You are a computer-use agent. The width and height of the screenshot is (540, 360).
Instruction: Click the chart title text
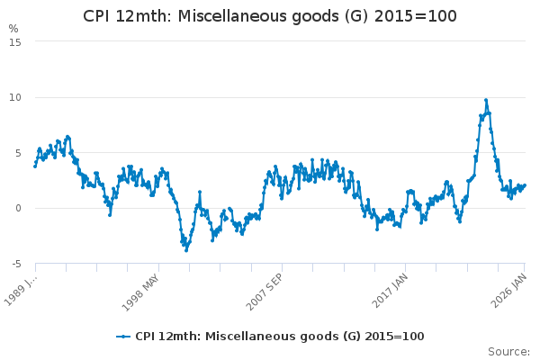[x=270, y=16]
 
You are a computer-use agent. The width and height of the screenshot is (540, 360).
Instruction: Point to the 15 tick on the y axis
[x=14, y=41]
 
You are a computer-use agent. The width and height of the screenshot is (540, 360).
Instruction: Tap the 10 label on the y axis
[x=14, y=97]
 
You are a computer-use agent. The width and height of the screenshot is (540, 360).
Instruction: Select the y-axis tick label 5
[x=17, y=153]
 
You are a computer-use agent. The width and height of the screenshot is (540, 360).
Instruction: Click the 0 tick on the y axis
[x=17, y=208]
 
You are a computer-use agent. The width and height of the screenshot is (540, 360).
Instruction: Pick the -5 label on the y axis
[x=15, y=264]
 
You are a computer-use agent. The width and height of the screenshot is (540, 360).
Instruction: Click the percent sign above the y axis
[x=13, y=29]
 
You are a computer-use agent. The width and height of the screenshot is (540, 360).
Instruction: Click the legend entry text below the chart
[x=279, y=337]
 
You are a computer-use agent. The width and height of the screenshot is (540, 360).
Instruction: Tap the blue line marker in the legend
[x=124, y=337]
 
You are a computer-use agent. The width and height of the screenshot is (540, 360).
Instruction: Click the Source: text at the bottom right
[x=508, y=352]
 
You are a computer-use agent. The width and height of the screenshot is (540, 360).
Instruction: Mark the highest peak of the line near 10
[x=486, y=100]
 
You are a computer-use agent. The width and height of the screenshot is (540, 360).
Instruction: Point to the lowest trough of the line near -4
[x=186, y=249]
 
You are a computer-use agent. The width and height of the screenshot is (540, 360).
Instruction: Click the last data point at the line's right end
[x=525, y=185]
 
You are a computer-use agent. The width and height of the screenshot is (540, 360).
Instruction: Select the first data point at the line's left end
[x=35, y=166]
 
